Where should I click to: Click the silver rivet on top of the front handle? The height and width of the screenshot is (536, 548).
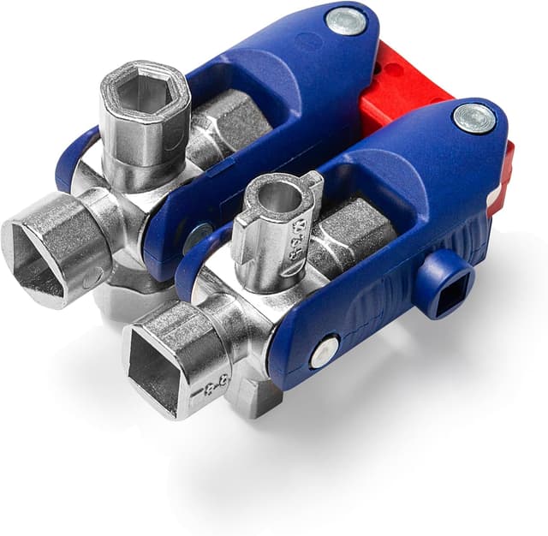coord(474,118)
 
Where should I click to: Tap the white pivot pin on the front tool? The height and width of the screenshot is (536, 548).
coord(325,351)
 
